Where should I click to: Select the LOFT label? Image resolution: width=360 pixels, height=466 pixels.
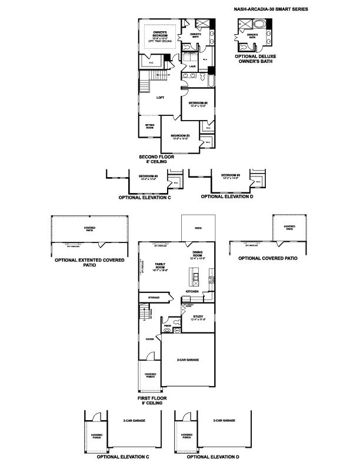point(159,98)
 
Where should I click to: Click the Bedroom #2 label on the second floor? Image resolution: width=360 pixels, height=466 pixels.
point(196,105)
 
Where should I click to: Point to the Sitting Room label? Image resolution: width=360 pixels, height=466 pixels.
point(150,127)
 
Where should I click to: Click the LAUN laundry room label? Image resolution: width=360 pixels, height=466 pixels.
point(192,67)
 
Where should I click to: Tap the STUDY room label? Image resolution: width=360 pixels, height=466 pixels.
point(198,318)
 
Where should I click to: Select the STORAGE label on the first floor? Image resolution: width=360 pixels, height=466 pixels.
point(154,298)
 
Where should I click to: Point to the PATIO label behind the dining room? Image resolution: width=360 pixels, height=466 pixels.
point(198,228)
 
